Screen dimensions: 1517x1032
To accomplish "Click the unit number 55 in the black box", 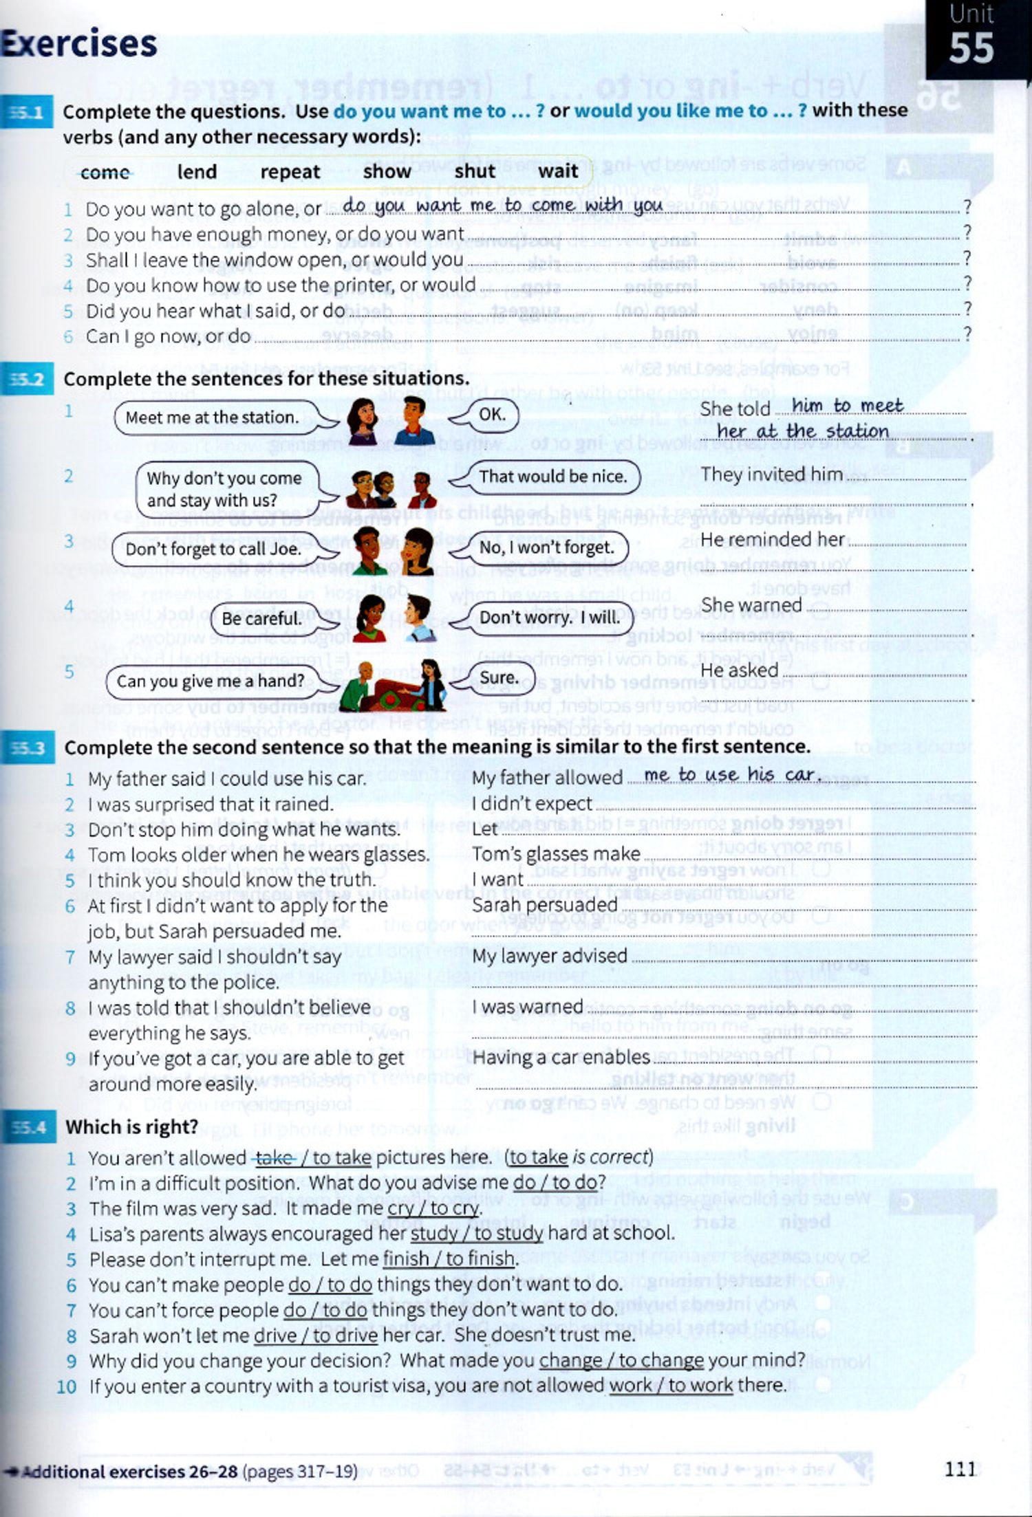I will [971, 48].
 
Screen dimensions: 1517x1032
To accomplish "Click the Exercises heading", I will [79, 44].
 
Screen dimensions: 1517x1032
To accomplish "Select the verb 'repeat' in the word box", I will [290, 171].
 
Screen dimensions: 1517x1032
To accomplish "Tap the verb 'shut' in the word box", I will [474, 171].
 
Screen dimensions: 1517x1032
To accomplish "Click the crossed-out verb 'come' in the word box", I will [105, 172].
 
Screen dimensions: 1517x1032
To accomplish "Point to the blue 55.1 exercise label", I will [27, 112].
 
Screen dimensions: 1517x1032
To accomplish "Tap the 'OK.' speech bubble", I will [493, 414].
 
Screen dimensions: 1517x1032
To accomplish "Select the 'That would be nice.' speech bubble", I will [552, 476].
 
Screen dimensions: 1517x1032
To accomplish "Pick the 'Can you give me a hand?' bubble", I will [211, 681].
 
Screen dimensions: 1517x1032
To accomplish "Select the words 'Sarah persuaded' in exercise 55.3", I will [544, 905].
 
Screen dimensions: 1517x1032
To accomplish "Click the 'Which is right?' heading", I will [131, 1127].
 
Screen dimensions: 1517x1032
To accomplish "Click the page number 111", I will [960, 1470].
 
